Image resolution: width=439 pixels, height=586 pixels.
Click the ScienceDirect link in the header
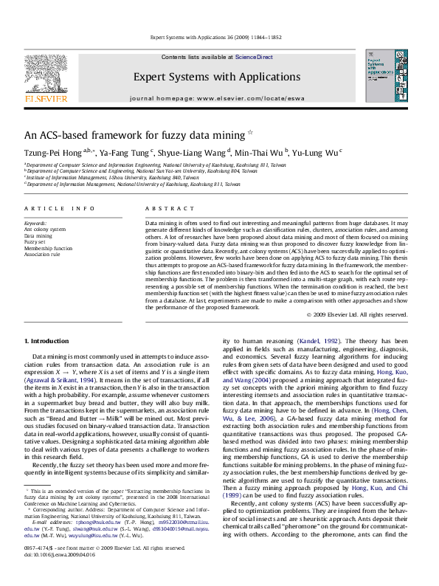[254, 57]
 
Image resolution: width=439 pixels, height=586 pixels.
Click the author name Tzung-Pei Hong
[53, 152]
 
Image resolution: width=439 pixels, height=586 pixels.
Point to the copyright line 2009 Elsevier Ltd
[367, 314]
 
